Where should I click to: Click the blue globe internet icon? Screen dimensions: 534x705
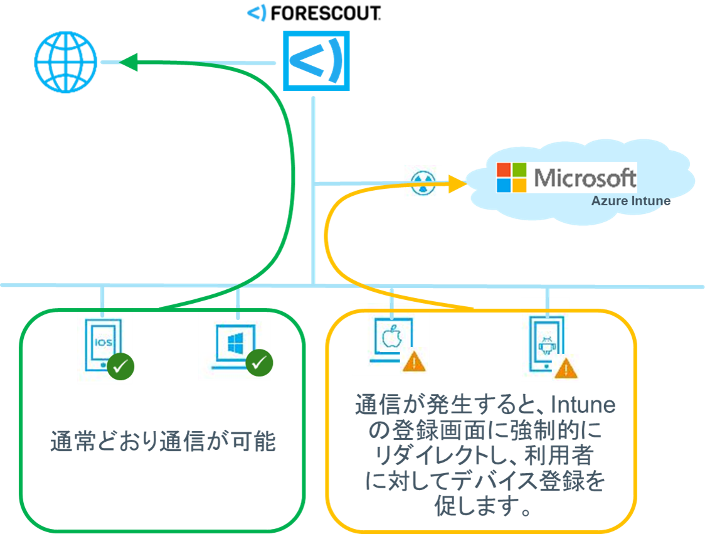coord(66,62)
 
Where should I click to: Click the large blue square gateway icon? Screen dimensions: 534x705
coord(315,60)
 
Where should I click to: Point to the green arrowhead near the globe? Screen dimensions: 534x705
coord(129,62)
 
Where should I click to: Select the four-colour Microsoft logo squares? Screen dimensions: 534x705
coord(512,178)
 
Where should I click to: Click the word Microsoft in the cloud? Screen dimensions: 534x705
coord(585,178)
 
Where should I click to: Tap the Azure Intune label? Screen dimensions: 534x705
coord(630,202)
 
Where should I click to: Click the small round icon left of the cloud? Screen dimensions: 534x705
coord(422,182)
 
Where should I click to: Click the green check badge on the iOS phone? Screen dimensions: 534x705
coord(121,365)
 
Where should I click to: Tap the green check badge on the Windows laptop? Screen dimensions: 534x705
coord(259,363)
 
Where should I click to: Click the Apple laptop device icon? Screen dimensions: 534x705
coord(389,339)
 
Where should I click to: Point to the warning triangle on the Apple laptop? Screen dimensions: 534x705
coord(413,361)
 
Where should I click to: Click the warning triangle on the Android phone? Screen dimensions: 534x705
coord(566,366)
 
